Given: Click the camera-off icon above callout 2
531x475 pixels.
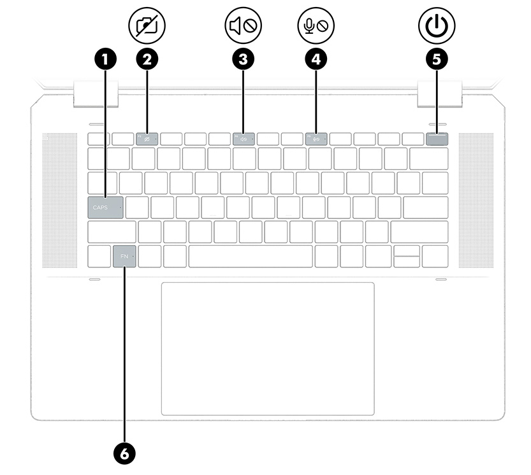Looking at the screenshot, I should pyautogui.click(x=147, y=25).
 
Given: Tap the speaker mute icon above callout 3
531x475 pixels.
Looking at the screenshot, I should pyautogui.click(x=244, y=25).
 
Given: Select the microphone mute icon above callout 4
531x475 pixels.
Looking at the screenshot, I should pyautogui.click(x=316, y=25).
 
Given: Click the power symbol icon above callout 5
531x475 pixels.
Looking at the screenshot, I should pyautogui.click(x=437, y=25).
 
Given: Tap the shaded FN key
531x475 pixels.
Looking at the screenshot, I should pyautogui.click(x=124, y=257).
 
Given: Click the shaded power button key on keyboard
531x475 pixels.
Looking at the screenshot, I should pyautogui.click(x=437, y=139).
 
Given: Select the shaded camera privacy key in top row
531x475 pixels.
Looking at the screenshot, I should pyautogui.click(x=147, y=139).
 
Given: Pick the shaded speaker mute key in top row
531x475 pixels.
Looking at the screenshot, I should pyautogui.click(x=244, y=139).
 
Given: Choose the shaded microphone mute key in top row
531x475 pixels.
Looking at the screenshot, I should pyautogui.click(x=316, y=139).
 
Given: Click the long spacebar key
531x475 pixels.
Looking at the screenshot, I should pyautogui.click(x=251, y=257).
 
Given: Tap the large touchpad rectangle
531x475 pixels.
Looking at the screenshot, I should pyautogui.click(x=267, y=348).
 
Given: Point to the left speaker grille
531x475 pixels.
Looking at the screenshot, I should pyautogui.click(x=60, y=201).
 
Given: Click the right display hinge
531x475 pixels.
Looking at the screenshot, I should pyautogui.click(x=439, y=93).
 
